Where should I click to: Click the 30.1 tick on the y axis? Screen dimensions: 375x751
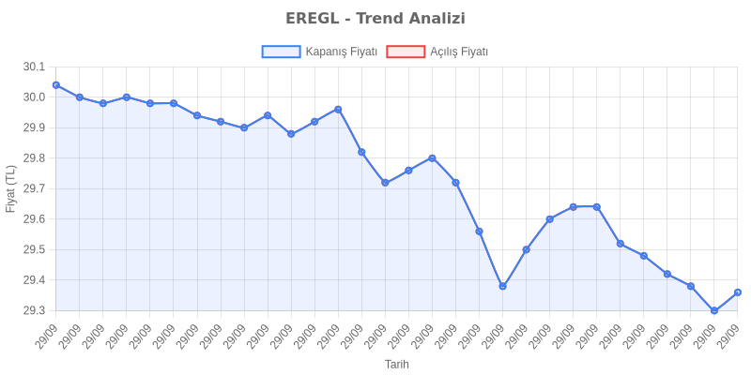point(34,67)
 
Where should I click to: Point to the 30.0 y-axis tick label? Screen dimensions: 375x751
point(34,97)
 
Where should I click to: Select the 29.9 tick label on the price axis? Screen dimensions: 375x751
point(34,127)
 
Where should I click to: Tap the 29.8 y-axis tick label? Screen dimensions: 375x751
point(34,158)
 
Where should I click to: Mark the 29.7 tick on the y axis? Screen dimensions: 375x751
point(34,188)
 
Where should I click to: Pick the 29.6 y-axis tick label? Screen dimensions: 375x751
point(34,219)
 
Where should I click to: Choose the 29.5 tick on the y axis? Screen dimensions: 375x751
point(34,249)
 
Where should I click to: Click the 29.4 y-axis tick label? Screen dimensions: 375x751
point(34,280)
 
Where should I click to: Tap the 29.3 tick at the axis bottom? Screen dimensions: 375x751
point(34,310)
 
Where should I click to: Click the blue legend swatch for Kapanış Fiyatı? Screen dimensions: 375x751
point(280,52)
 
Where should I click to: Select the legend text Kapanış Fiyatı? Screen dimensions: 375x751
point(341,52)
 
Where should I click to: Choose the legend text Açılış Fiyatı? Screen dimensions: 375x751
point(459,52)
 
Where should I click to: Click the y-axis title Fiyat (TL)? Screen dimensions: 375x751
point(10,188)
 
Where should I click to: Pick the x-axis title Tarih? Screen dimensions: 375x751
point(396,364)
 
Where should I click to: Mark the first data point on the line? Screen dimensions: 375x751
point(55,84)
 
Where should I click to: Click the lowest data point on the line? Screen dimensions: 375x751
point(714,310)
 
